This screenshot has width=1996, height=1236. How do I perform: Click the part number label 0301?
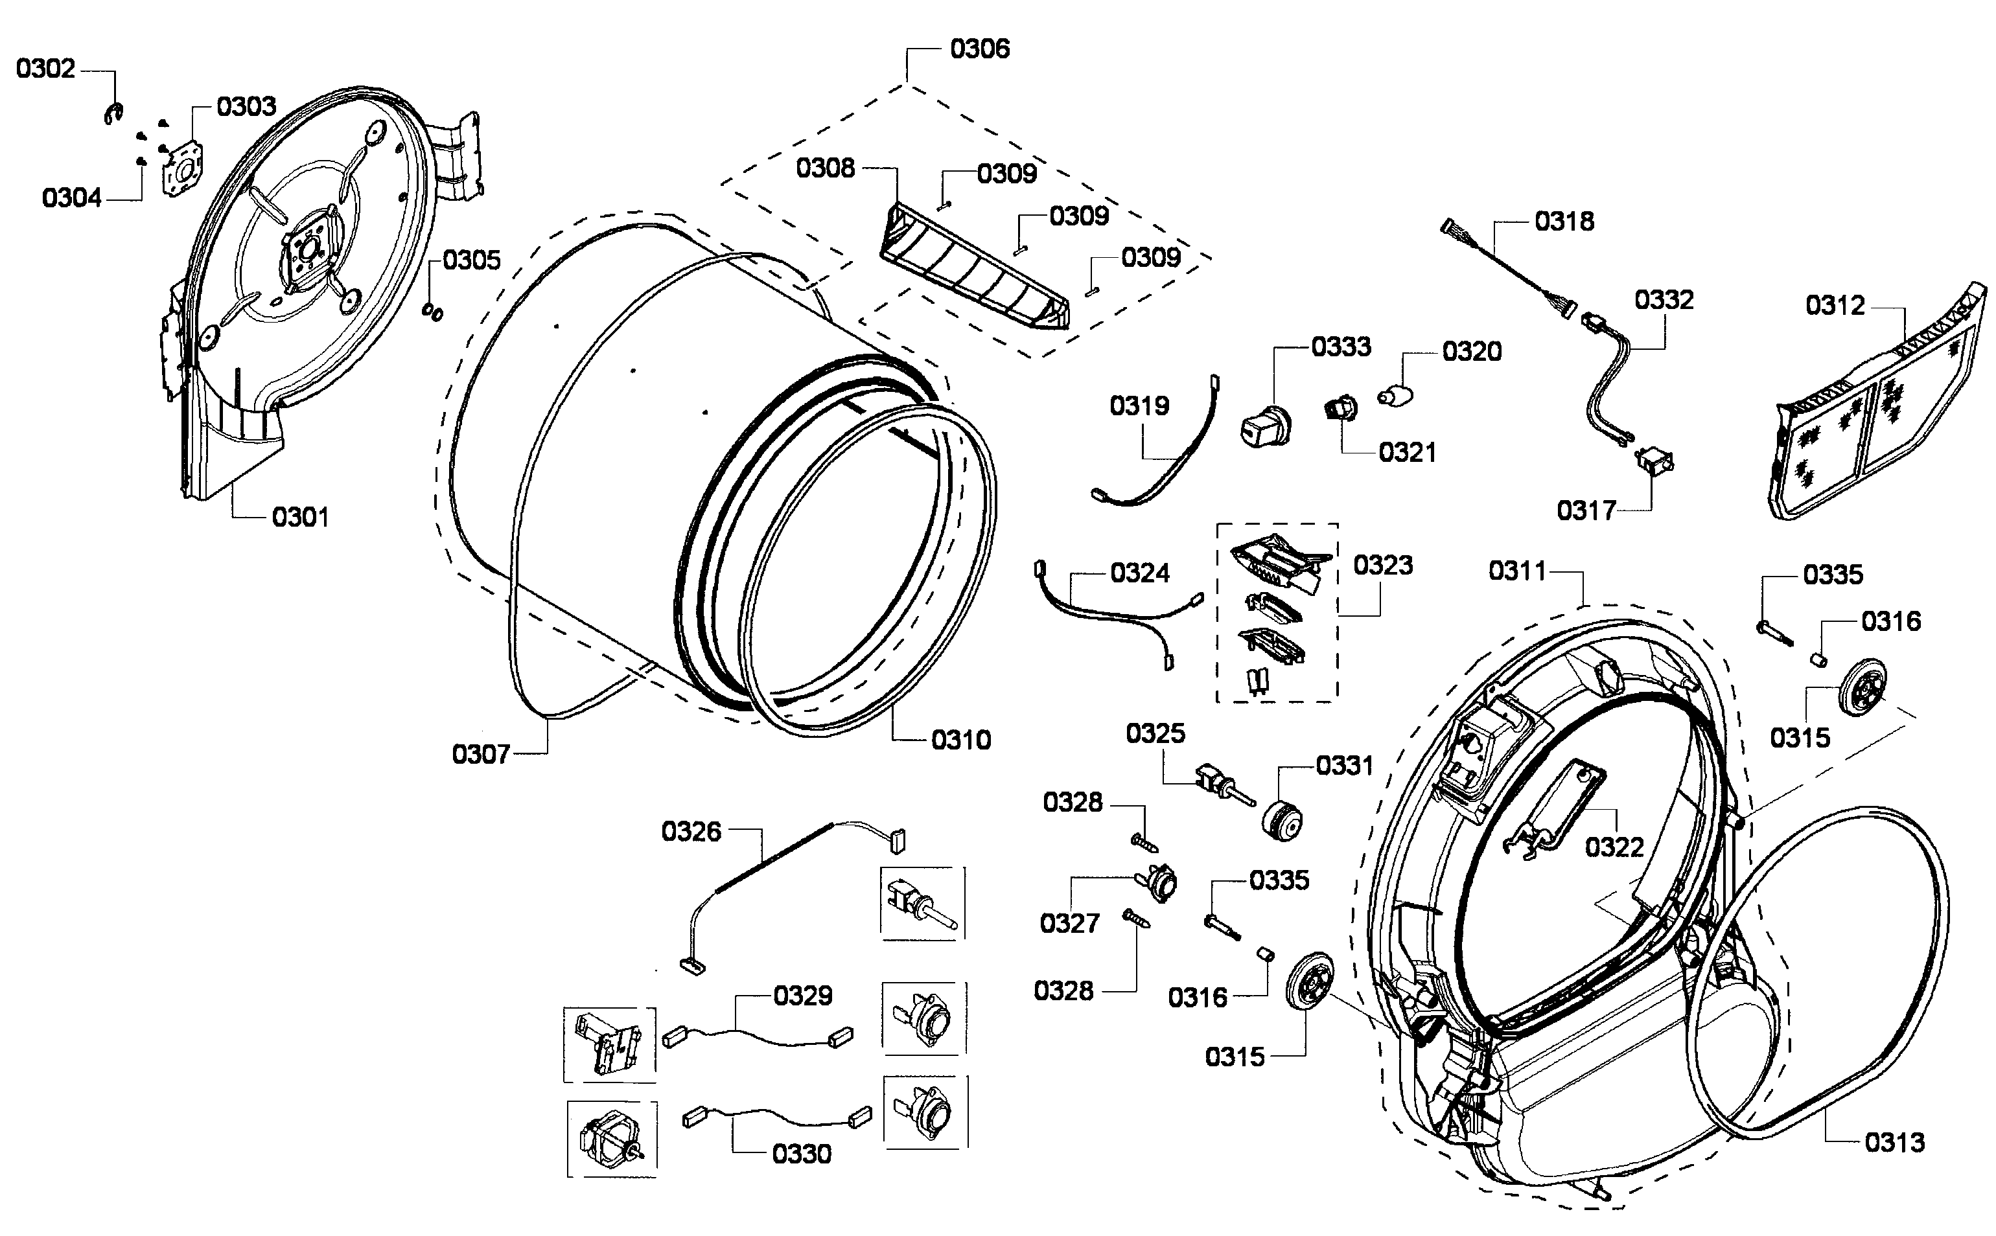click(x=300, y=517)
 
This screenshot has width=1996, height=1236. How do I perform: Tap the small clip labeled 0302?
click(x=113, y=115)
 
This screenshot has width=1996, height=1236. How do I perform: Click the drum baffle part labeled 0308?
click(x=973, y=269)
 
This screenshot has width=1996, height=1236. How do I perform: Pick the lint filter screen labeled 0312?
click(x=1872, y=409)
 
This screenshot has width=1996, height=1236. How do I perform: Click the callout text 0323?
click(x=1383, y=565)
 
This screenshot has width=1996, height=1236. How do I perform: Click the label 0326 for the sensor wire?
click(x=691, y=832)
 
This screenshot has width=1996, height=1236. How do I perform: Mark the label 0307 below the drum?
click(x=481, y=753)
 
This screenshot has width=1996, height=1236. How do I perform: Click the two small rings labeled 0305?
click(x=432, y=312)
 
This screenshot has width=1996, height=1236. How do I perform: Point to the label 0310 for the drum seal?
click(x=961, y=740)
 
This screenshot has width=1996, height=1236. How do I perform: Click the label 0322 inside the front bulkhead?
click(x=1613, y=846)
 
